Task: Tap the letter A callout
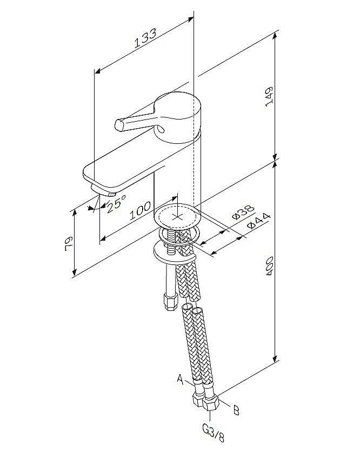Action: (180, 379)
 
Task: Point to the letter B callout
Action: (236, 409)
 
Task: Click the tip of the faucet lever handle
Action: (120, 125)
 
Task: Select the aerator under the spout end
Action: (104, 190)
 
